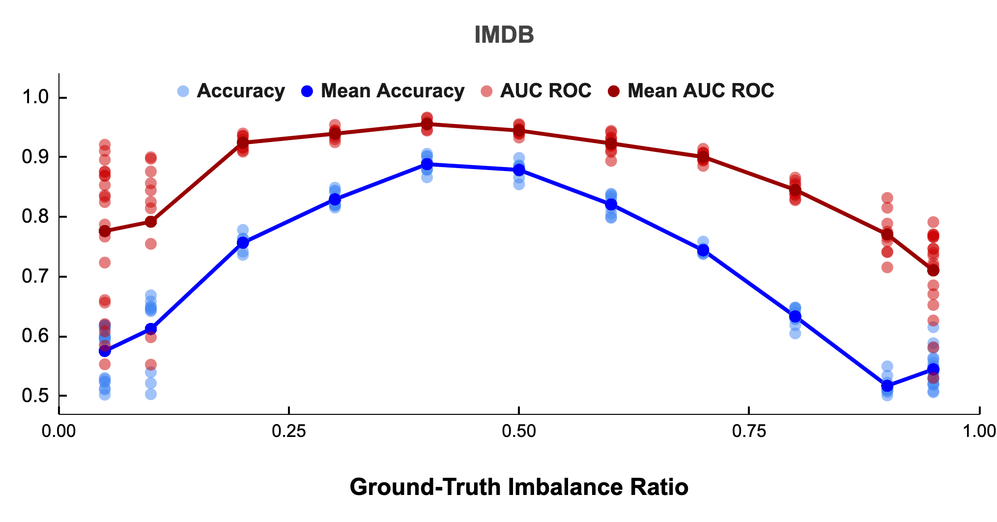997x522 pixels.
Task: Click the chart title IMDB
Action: (504, 35)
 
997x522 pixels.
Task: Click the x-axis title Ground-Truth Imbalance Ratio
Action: (519, 487)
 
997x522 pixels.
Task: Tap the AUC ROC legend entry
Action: (537, 91)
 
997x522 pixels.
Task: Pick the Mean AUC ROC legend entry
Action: (692, 91)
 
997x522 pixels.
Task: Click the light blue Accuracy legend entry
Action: (231, 91)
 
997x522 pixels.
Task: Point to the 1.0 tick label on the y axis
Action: (35, 97)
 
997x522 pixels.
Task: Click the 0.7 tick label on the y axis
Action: (35, 277)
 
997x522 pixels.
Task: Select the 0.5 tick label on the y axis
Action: (35, 396)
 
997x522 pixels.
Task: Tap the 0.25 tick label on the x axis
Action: (289, 432)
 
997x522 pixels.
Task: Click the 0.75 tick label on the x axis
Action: (749, 432)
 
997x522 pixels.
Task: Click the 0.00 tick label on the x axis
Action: (59, 432)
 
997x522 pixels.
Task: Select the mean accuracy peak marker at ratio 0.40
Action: (427, 164)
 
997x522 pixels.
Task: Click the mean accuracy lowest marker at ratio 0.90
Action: (887, 386)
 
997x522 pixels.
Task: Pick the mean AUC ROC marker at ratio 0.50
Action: (519, 130)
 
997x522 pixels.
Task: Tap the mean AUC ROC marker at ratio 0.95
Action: (933, 270)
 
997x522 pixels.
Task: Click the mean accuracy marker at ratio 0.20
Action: (243, 243)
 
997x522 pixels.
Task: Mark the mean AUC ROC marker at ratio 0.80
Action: (795, 190)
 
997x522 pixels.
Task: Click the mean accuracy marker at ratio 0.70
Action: (703, 250)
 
